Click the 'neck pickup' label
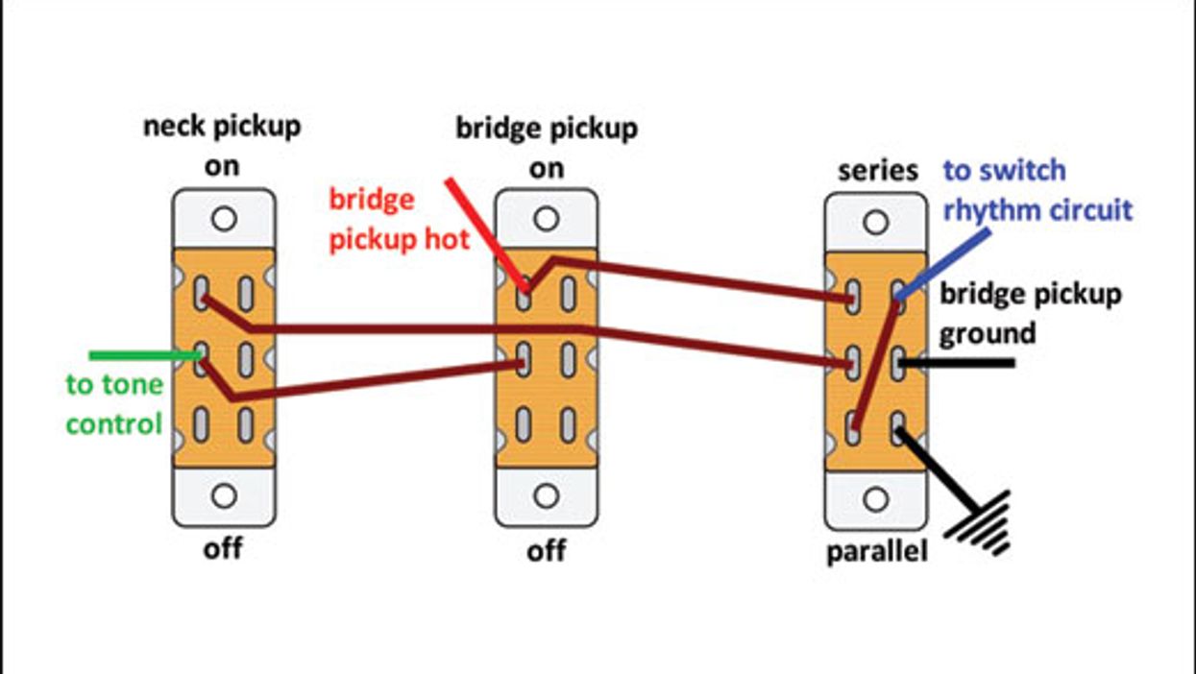[222, 126]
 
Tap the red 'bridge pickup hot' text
[400, 219]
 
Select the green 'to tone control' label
[114, 404]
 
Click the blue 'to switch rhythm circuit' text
[1037, 190]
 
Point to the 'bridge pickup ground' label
[1030, 313]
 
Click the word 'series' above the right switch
[878, 171]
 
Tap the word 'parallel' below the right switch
[877, 553]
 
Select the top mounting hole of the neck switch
[224, 219]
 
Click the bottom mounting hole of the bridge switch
[547, 496]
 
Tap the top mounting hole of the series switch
[876, 223]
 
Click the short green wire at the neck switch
[144, 355]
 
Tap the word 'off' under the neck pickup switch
[223, 549]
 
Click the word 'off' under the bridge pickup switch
[546, 552]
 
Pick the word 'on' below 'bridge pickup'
[546, 168]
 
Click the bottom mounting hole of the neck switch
[224, 496]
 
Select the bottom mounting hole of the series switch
[876, 499]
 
